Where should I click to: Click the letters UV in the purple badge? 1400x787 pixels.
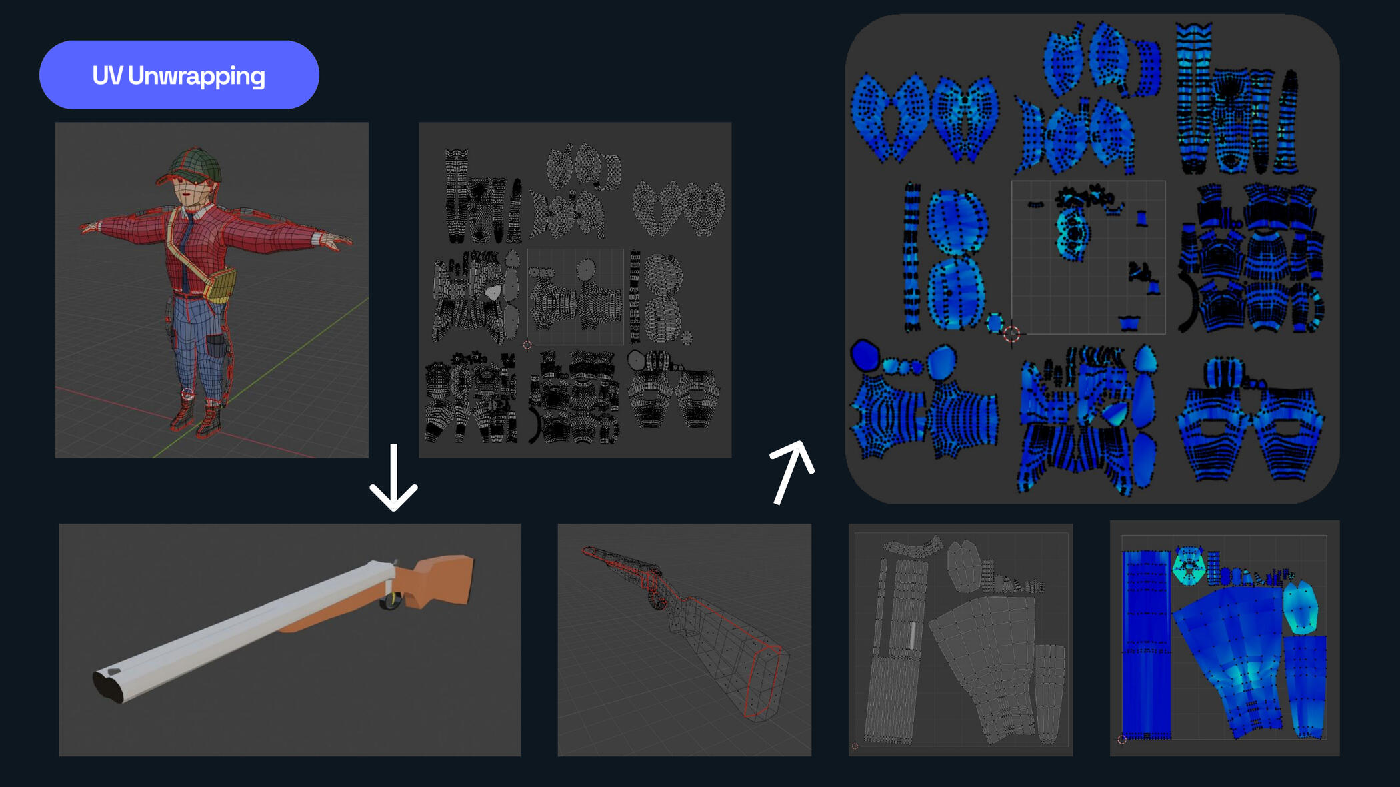point(107,75)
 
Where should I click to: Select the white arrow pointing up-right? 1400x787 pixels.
point(791,472)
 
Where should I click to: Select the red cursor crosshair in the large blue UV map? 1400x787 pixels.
point(1011,334)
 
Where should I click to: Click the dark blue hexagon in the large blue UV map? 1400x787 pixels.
point(865,355)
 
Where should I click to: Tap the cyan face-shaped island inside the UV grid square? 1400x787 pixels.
point(1072,230)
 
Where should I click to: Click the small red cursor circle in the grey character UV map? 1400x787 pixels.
point(527,345)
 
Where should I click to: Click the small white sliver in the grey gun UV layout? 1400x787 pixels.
point(913,635)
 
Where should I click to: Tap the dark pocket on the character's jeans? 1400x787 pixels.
point(217,346)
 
